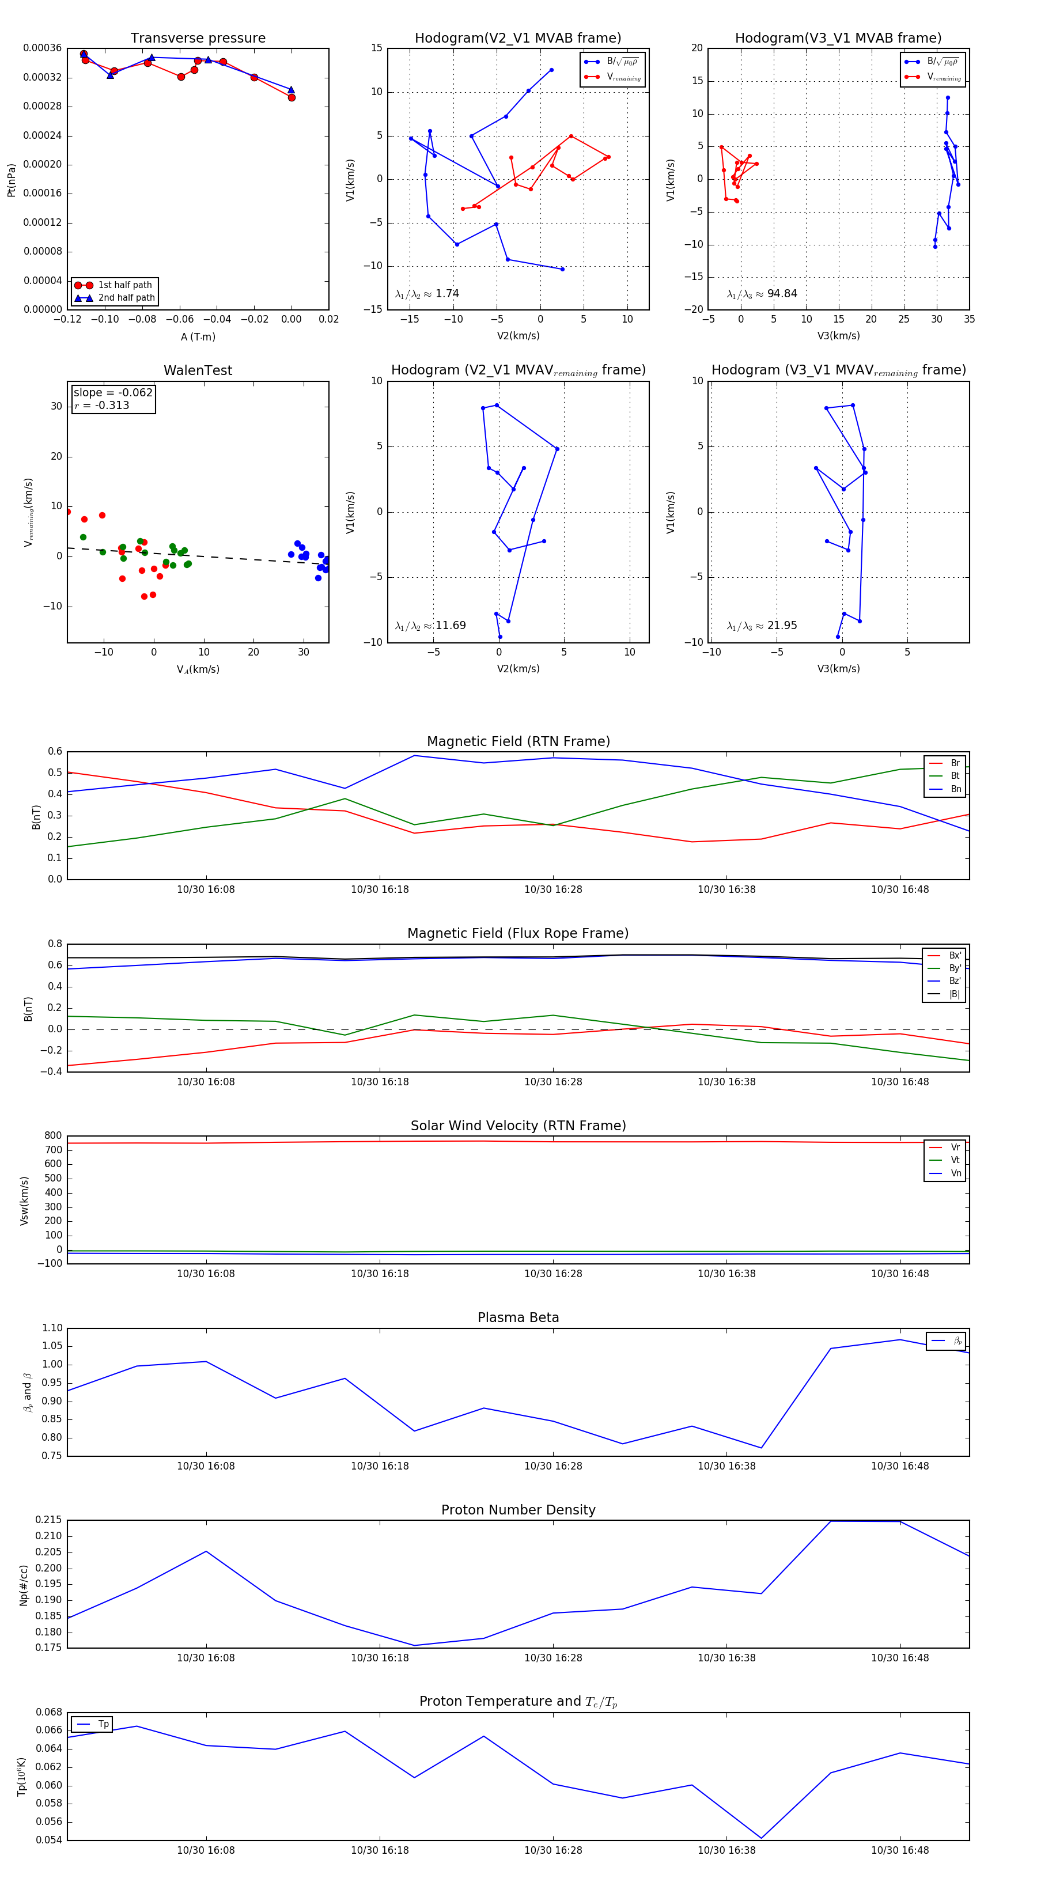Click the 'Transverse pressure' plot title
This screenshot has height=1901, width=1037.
pyautogui.click(x=198, y=39)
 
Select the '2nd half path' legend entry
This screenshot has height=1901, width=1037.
pyautogui.click(x=126, y=298)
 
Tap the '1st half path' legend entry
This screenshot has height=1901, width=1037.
pyautogui.click(x=125, y=285)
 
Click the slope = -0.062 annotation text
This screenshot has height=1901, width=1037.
pyautogui.click(x=113, y=393)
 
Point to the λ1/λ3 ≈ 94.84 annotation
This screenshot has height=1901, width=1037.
pyautogui.click(x=762, y=294)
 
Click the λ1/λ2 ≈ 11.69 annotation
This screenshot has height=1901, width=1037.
pyautogui.click(x=430, y=626)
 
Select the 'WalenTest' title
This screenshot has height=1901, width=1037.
pyautogui.click(x=198, y=370)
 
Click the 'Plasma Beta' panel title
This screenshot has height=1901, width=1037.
pyautogui.click(x=518, y=1317)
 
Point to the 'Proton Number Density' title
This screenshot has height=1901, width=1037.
pyautogui.click(x=518, y=1510)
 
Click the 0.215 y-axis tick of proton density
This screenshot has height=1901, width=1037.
pyautogui.click(x=49, y=1520)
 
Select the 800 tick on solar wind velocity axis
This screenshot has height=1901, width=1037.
pyautogui.click(x=53, y=1136)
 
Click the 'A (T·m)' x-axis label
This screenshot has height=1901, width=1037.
pyautogui.click(x=198, y=336)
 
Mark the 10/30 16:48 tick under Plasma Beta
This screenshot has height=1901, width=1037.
pyautogui.click(x=900, y=1465)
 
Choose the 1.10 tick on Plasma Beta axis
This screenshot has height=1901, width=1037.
pyautogui.click(x=52, y=1328)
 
